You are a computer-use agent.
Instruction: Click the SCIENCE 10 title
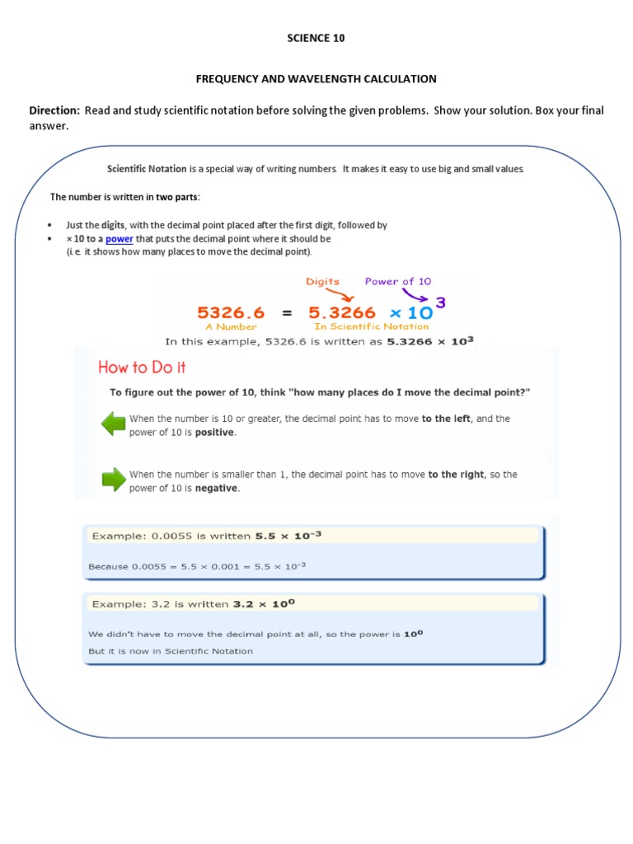coord(316,38)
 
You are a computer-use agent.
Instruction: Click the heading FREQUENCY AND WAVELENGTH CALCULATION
coord(316,79)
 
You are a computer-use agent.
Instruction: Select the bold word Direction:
coord(54,111)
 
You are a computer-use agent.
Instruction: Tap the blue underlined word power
coord(120,239)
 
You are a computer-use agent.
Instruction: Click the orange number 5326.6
coord(231,313)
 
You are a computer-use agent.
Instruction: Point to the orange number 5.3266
coord(342,313)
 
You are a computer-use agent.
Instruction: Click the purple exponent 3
coord(441,302)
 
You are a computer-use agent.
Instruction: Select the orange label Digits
coord(323,282)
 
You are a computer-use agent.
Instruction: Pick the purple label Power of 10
coord(397,282)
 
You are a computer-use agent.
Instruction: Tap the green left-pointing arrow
coord(112,424)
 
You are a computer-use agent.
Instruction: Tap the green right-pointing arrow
coord(112,480)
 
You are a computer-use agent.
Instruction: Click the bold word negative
coord(217,488)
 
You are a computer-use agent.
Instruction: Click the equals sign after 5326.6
coord(287,313)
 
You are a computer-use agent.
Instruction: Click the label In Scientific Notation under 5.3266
coord(371,326)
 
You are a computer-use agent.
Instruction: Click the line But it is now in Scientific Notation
coord(171,651)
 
